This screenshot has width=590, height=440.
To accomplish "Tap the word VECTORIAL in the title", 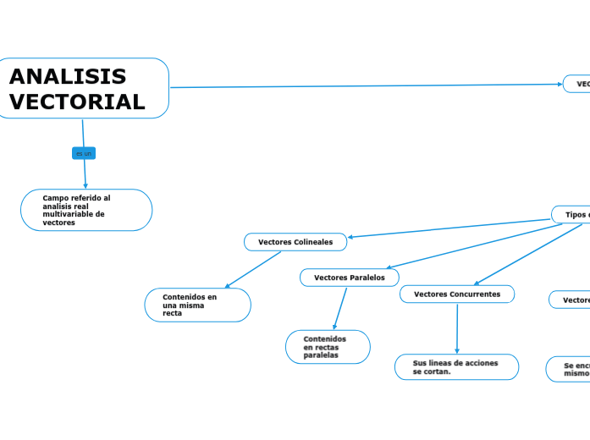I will (x=77, y=102).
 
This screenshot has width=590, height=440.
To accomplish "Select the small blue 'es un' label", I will (x=84, y=153).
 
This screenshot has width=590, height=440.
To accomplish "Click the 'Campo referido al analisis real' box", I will (x=85, y=210).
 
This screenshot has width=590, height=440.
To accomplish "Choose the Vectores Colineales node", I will (x=295, y=242).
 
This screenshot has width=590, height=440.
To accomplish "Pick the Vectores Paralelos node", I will (x=350, y=278).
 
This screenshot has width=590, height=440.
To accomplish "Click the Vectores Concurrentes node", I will (x=456, y=294).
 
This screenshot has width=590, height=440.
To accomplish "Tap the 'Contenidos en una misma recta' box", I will (x=197, y=305).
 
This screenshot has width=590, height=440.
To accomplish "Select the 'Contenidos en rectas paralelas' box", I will (x=328, y=347).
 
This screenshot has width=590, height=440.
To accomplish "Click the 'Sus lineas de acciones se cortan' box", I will (x=456, y=367).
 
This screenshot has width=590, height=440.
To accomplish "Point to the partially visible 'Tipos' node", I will (x=572, y=215).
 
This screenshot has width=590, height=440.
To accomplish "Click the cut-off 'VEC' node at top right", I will (x=577, y=84).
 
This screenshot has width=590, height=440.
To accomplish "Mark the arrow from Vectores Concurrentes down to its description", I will (x=457, y=328).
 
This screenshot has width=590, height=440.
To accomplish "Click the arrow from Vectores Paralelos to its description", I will (x=340, y=309).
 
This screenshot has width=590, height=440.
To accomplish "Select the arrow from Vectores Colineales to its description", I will (x=254, y=270).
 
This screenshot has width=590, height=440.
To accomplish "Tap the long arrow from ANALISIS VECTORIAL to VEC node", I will (x=364, y=85).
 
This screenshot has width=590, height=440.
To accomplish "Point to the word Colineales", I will (x=314, y=242).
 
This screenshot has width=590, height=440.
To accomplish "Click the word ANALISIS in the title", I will (x=68, y=77).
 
